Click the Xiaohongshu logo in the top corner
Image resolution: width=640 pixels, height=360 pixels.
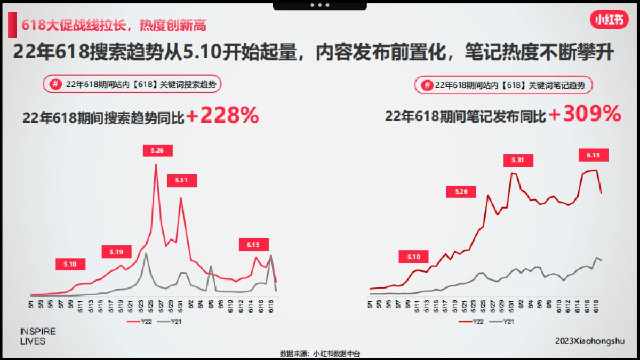coord(609,20)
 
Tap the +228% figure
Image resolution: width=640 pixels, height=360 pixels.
coord(222,116)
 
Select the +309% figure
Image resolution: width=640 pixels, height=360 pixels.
coord(585,115)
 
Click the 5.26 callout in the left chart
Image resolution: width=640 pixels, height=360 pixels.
coord(157,151)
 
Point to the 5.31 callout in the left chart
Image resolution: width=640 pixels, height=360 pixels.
coord(182,181)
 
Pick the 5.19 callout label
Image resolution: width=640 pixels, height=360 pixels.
coord(116,252)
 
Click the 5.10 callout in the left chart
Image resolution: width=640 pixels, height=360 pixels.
coord(70,264)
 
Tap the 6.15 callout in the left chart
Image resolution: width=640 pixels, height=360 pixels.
coord(253,245)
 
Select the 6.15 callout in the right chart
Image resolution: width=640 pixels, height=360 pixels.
coord(594,155)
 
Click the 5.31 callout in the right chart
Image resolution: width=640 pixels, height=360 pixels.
coord(518,160)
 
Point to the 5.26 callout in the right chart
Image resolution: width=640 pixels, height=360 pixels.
coord(461,191)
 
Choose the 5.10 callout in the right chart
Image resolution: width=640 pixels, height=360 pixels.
coord(413,257)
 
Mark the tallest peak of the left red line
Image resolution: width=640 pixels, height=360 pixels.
coord(156,164)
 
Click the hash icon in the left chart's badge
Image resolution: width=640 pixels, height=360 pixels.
coord(54,84)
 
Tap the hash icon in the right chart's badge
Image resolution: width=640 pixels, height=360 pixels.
coord(427,85)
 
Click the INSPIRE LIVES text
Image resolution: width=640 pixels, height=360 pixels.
coord(37,337)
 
